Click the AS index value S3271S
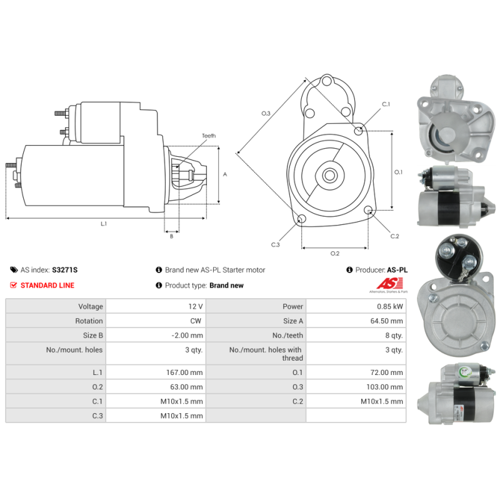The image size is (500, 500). click(x=65, y=270)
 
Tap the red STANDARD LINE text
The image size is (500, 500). click(x=47, y=286)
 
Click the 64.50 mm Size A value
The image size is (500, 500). click(x=386, y=321)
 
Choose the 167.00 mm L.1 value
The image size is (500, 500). click(x=184, y=372)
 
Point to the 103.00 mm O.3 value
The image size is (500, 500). click(x=384, y=387)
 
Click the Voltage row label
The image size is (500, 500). click(x=91, y=306)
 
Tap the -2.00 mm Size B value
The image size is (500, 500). click(x=187, y=336)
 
